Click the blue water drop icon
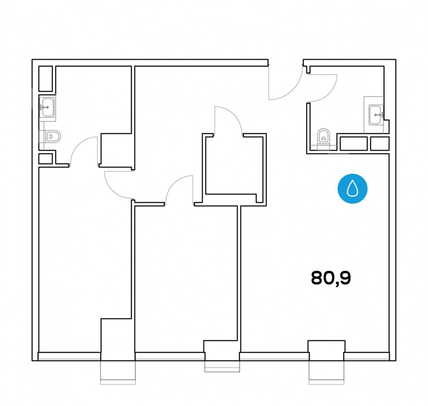coord(352,188)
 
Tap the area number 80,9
coord(331,278)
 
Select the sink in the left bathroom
coord(47,107)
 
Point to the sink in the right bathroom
coord(376,115)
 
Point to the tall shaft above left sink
coord(45,79)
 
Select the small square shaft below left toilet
coord(45,159)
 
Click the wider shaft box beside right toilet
coord(354,144)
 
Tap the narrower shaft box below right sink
coord(380,144)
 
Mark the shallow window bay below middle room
coord(222,366)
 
